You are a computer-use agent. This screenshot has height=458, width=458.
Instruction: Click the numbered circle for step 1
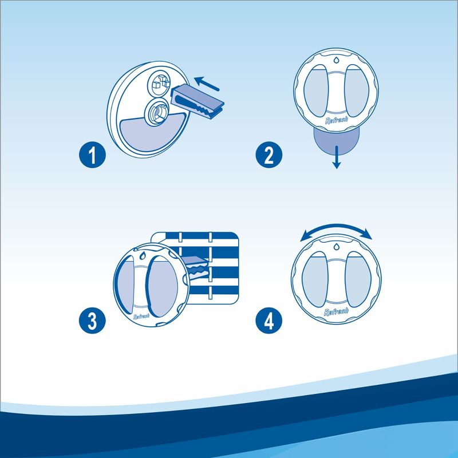pyautogui.click(x=92, y=155)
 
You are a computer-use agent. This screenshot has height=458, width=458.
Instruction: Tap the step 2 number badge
pyautogui.click(x=269, y=155)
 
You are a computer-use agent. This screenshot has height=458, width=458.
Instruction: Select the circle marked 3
pyautogui.click(x=92, y=321)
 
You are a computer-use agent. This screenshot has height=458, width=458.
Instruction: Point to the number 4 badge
pyautogui.click(x=269, y=321)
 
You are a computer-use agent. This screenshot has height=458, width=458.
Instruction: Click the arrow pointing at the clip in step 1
pyautogui.click(x=207, y=84)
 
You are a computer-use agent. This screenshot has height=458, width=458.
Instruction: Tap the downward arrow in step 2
pyautogui.click(x=337, y=157)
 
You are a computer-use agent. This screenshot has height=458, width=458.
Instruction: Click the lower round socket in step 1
pyautogui.click(x=157, y=112)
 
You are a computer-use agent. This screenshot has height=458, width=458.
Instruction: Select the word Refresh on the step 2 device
pyautogui.click(x=337, y=120)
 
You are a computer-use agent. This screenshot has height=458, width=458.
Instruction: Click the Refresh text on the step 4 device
pyautogui.click(x=336, y=311)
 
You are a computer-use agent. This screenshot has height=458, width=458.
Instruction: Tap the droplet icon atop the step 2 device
pyautogui.click(x=336, y=60)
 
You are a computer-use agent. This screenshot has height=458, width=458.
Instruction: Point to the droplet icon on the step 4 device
pyautogui.click(x=336, y=247)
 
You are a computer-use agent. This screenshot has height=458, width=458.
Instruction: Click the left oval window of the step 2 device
pyautogui.click(x=317, y=90)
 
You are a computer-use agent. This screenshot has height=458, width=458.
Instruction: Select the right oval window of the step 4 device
pyautogui.click(x=358, y=279)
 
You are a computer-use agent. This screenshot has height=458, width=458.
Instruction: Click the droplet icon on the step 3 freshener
pyautogui.click(x=143, y=256)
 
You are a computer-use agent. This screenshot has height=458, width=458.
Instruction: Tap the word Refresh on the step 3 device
pyautogui.click(x=141, y=317)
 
